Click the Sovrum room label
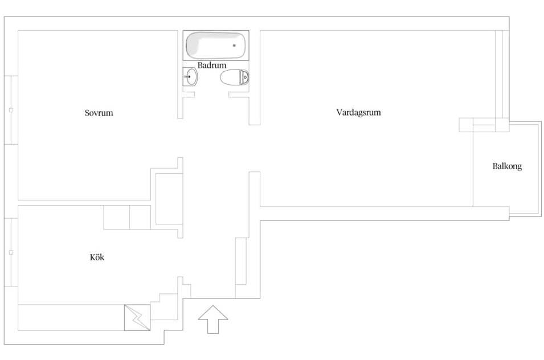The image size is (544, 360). (x=99, y=113)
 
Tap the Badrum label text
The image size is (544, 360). (x=212, y=65)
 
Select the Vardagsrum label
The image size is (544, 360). (x=358, y=112)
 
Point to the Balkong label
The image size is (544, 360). (x=507, y=166)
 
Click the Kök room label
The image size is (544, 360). (x=97, y=257)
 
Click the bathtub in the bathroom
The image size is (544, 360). (x=216, y=46)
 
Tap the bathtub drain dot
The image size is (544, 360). (x=234, y=46)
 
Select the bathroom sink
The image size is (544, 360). (x=190, y=77)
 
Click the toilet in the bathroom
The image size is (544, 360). (x=235, y=77)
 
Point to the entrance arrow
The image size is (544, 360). (x=213, y=320)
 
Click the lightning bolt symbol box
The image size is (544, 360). (x=137, y=318)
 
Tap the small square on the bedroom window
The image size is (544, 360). (x=11, y=111)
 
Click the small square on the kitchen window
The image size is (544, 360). (x=11, y=252)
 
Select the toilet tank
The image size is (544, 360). (x=245, y=77)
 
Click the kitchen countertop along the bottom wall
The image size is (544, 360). (x=71, y=318)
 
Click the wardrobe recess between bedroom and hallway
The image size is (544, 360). (x=169, y=199)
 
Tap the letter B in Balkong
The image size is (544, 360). (x=495, y=166)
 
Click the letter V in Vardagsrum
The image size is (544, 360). (x=339, y=112)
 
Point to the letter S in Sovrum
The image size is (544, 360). (x=87, y=113)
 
